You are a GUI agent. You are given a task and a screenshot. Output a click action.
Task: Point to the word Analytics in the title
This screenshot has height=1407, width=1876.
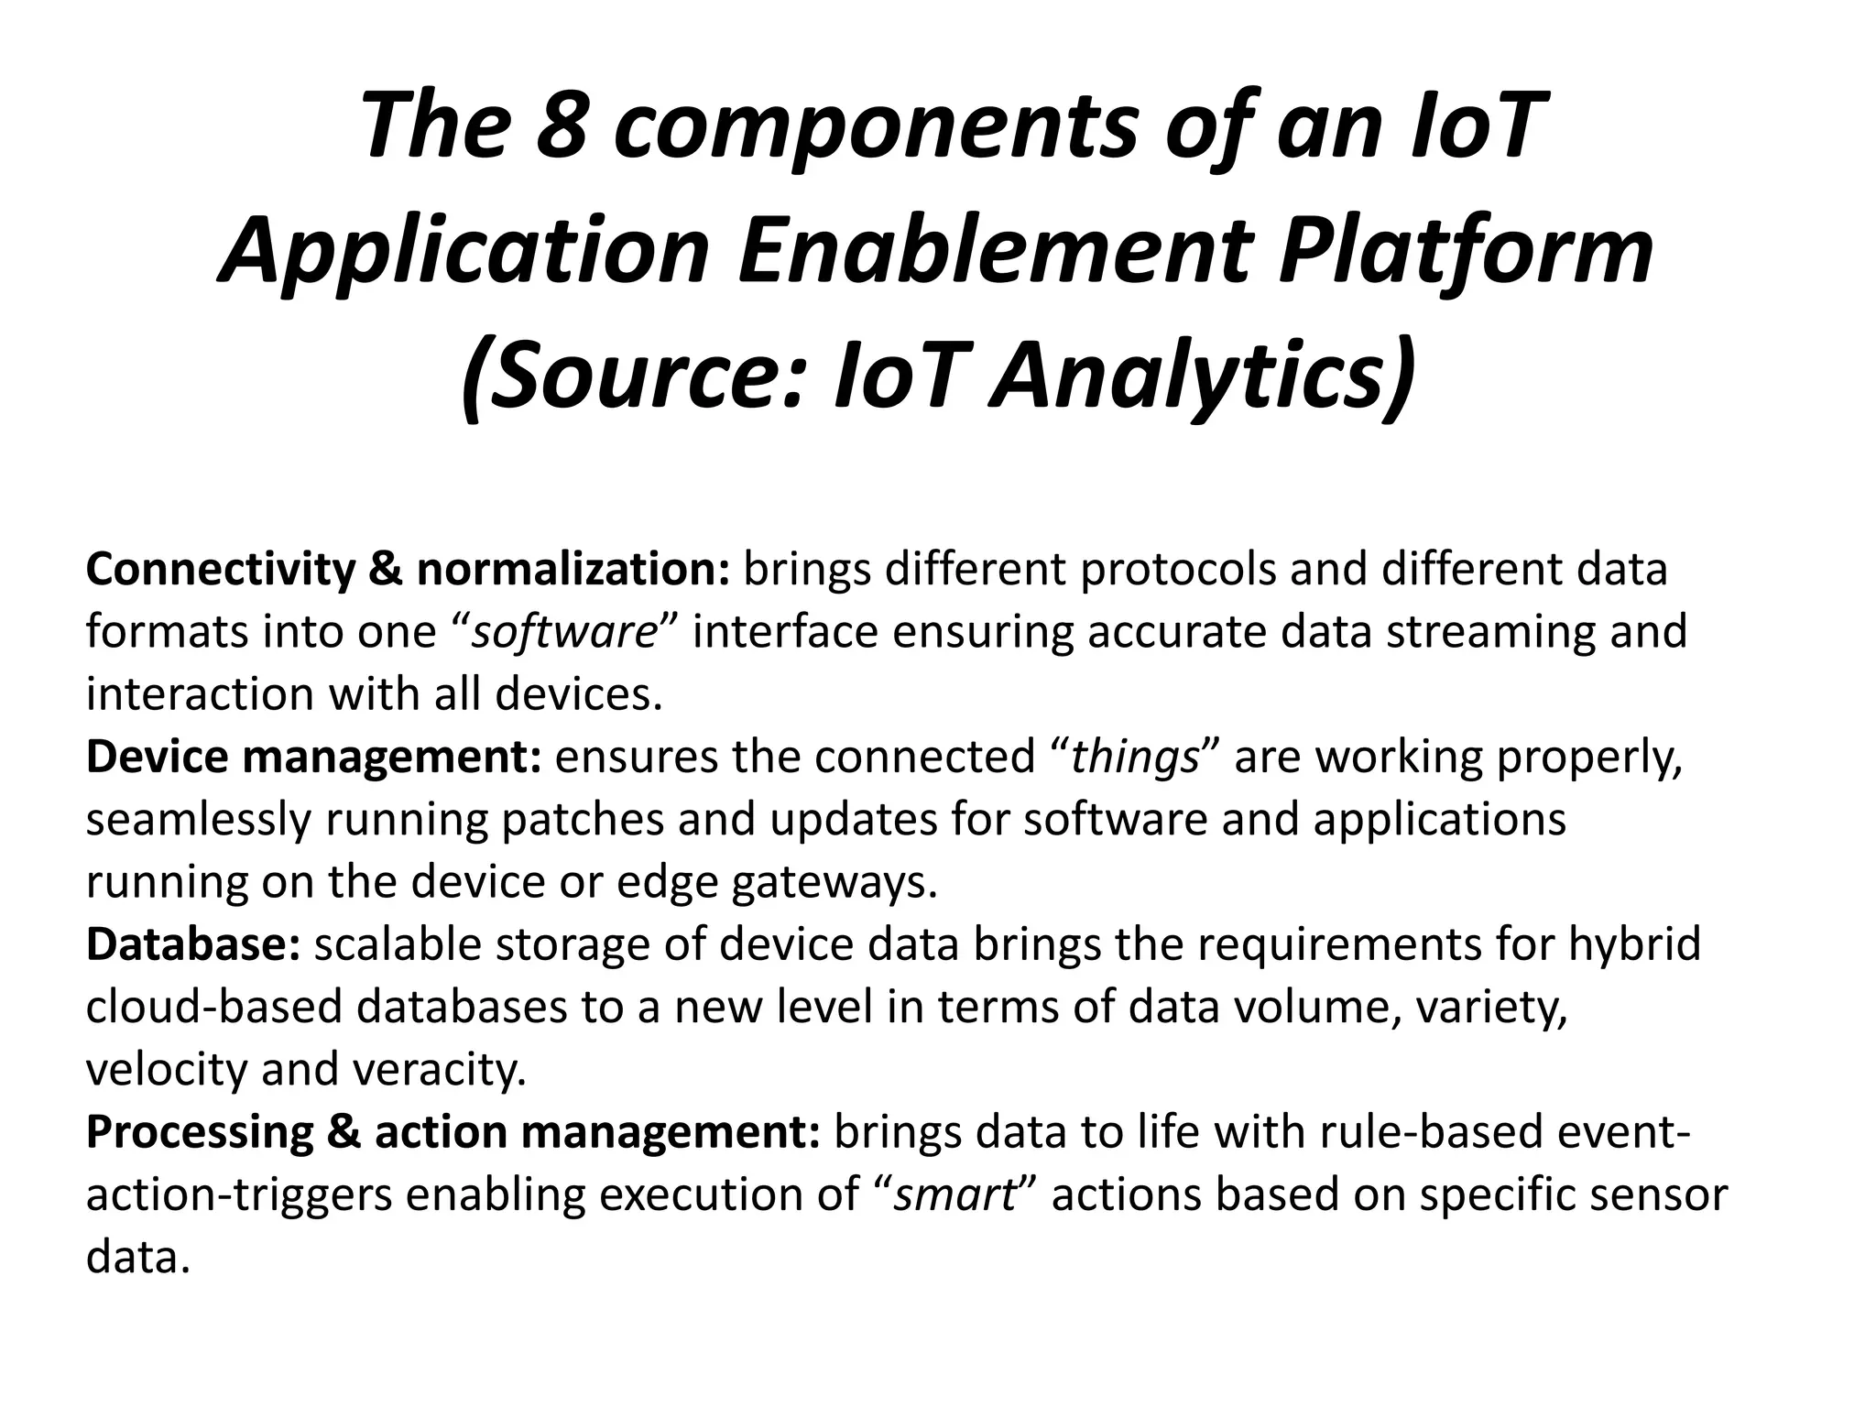tap(1199, 376)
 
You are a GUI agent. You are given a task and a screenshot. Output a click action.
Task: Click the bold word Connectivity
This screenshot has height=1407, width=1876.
tap(220, 570)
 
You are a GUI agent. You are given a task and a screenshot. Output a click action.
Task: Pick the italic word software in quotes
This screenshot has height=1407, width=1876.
tap(564, 632)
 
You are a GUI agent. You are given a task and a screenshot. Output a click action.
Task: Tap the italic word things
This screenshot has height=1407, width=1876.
tap(1136, 757)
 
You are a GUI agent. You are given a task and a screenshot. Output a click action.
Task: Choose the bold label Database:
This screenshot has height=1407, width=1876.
tap(193, 943)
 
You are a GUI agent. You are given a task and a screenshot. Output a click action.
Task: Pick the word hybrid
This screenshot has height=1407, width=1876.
tap(1634, 943)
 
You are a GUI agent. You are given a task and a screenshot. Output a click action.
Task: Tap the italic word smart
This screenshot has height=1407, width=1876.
tap(955, 1194)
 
